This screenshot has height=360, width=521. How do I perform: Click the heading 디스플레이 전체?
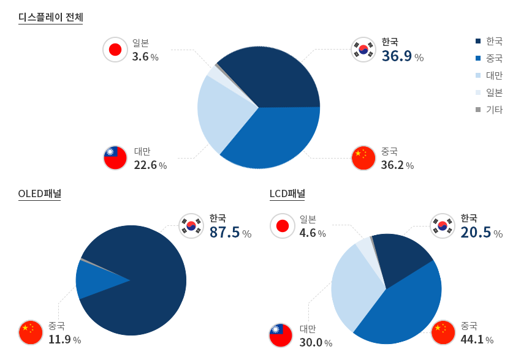pyautogui.click(x=51, y=17)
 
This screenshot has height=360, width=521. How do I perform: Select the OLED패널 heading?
pyautogui.click(x=40, y=194)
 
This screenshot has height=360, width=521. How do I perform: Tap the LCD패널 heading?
pyautogui.click(x=287, y=194)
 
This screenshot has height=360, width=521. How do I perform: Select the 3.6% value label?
pyautogui.click(x=145, y=57)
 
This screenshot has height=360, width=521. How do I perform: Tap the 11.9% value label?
pyautogui.click(x=64, y=340)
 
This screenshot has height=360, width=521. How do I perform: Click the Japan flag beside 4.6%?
pyautogui.click(x=282, y=226)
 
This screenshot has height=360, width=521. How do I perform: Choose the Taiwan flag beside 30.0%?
pyautogui.click(x=281, y=336)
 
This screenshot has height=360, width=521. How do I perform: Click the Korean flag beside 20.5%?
pyautogui.click(x=442, y=225)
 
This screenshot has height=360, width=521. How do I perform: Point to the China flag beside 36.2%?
pyautogui.click(x=363, y=157)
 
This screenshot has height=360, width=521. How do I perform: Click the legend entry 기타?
pyautogui.click(x=493, y=110)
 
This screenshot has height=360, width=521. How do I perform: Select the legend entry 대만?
pyautogui.click(x=493, y=75)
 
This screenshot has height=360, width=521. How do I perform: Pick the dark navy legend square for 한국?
pyautogui.click(x=477, y=41)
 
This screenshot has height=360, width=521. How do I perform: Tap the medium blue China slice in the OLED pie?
pyautogui.click(x=92, y=279)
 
